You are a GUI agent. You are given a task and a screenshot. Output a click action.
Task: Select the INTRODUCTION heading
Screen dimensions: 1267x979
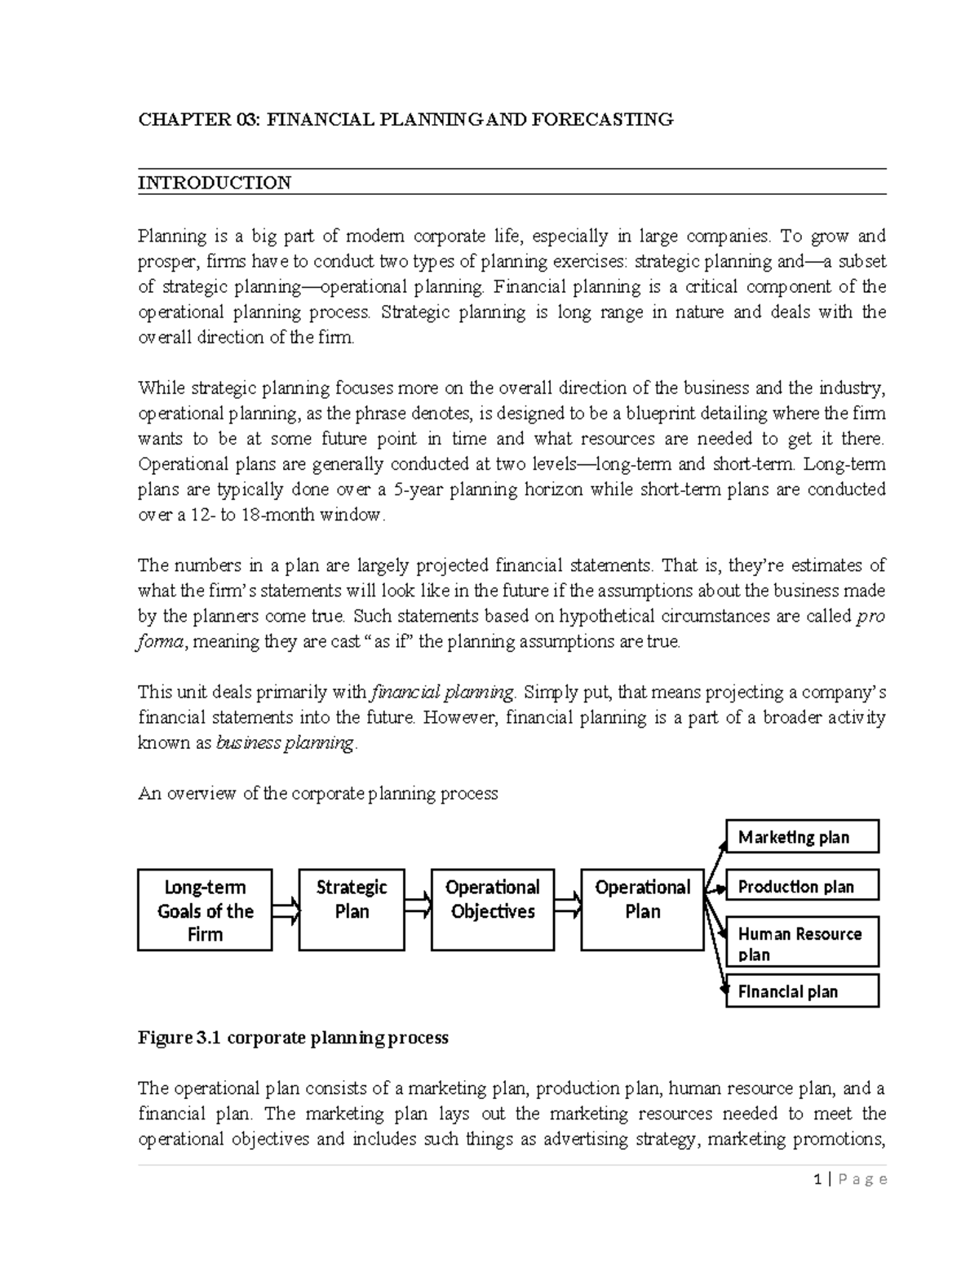tap(215, 183)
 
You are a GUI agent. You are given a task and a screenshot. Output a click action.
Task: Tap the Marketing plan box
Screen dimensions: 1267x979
tap(802, 837)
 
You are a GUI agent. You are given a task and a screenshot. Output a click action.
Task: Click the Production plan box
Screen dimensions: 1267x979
tap(802, 886)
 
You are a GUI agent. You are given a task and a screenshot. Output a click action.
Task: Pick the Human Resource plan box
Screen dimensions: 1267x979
tap(802, 944)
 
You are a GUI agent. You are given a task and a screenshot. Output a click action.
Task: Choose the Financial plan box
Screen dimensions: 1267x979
tap(802, 991)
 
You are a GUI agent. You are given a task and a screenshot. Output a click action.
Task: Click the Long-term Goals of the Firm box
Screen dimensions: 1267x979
tap(205, 910)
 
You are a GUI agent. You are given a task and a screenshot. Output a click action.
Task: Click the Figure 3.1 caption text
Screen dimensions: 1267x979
tap(293, 1038)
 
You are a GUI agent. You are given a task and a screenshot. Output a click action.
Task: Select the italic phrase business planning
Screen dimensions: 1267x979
tap(286, 743)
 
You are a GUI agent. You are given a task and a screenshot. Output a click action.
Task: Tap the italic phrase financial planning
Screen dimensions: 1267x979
tap(442, 693)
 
